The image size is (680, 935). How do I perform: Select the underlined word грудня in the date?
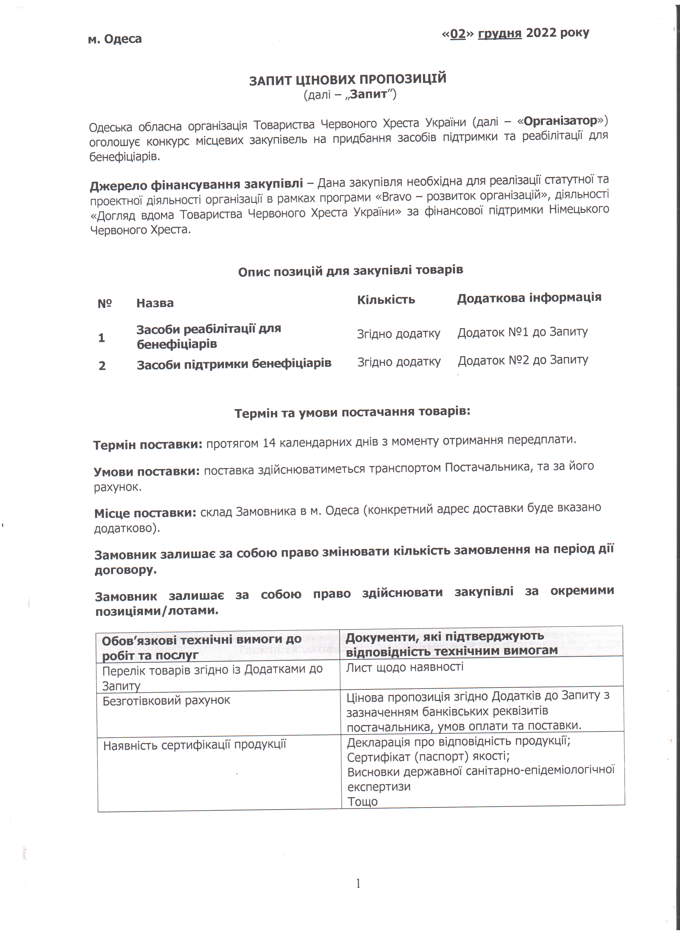click(499, 33)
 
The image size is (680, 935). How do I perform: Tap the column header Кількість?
click(386, 300)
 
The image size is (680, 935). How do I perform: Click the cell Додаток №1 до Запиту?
click(522, 332)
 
